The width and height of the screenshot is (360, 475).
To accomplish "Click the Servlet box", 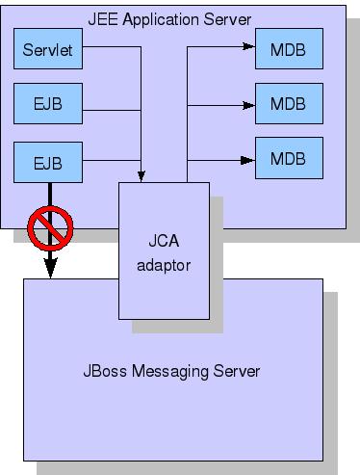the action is coord(48,48).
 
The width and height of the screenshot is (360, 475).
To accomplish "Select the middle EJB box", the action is coord(48,103).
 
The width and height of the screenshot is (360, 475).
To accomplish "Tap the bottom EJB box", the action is coord(48,162).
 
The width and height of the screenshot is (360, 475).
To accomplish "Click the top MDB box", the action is coord(289,48).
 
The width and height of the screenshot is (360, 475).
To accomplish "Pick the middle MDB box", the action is coord(289,103).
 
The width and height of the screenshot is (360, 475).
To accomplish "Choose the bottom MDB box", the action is coord(289,158).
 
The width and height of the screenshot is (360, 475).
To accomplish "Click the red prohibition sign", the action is coord(50,228).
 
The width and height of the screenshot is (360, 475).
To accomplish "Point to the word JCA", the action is coord(164,241).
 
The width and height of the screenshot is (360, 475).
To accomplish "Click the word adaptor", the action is coord(164,266).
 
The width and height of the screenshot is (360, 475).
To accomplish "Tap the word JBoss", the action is coord(105,371).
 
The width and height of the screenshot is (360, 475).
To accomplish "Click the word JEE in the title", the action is coord(103,19).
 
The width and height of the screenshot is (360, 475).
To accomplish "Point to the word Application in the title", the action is coord(161,20).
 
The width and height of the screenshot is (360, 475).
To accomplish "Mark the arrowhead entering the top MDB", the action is coord(249,46).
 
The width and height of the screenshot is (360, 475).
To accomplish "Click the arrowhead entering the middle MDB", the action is coord(249,105).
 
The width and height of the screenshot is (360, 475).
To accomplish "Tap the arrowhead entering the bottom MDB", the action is coord(247,160).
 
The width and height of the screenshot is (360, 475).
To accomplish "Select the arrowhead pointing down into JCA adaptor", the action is coord(141,176).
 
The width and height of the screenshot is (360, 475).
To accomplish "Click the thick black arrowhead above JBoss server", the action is coord(50,268).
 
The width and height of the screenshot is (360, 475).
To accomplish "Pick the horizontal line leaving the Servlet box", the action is coord(112,47).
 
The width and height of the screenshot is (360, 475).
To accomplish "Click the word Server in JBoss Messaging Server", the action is coord(237,371).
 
